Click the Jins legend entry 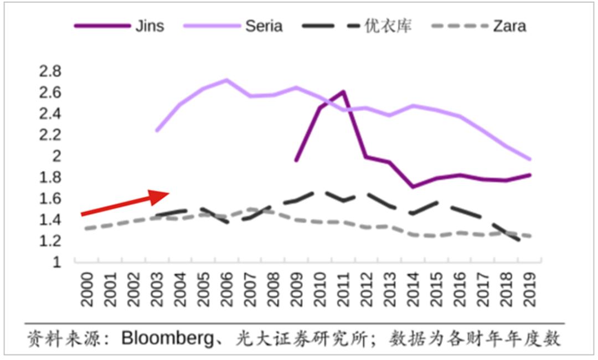coord(149,26)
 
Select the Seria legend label coord(264,26)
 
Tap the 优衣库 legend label coord(388,26)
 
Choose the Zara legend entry coord(509,26)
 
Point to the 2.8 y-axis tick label coord(50,71)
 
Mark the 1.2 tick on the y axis coord(50,241)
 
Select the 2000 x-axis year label coord(86,290)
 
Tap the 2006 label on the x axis coord(226,290)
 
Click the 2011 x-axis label coord(343,290)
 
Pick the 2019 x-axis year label coord(529,290)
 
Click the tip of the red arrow coord(169,193)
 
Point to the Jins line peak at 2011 coord(343,91)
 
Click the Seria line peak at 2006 coord(226,80)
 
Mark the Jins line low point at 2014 coord(413,187)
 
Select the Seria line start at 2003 coord(157,131)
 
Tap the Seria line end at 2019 coord(530,159)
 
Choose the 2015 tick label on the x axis coord(436,290)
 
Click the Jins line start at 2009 coord(296,161)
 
